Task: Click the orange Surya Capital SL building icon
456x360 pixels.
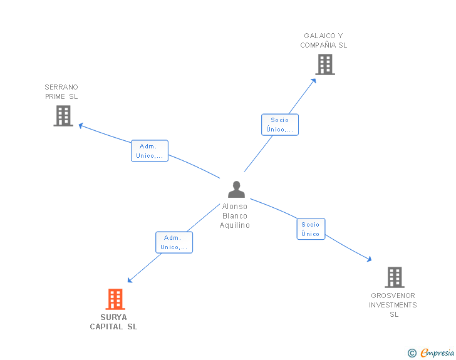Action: [115, 299]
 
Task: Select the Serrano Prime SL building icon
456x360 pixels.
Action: [63, 116]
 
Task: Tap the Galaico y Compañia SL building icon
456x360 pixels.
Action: [324, 64]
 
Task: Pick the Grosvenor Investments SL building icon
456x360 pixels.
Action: [394, 277]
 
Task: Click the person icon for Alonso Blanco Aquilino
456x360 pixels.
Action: [236, 189]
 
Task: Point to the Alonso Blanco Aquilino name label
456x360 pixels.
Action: [235, 216]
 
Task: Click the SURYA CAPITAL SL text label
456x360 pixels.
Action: [113, 322]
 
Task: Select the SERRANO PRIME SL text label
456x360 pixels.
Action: [61, 92]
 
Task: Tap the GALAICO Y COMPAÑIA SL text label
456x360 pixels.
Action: [323, 41]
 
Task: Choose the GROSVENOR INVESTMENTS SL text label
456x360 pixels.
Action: [393, 305]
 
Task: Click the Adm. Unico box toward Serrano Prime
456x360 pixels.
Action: [150, 151]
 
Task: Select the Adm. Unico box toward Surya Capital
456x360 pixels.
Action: [174, 242]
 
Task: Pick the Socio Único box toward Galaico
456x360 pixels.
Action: [279, 125]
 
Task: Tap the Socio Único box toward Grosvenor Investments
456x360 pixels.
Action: [310, 229]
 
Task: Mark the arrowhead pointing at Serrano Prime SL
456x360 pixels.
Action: [81, 125]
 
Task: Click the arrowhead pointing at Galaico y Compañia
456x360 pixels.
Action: [314, 80]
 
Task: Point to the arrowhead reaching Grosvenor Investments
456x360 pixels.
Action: [369, 258]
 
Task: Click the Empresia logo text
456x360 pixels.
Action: [437, 353]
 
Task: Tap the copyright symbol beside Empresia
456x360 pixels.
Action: [412, 354]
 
